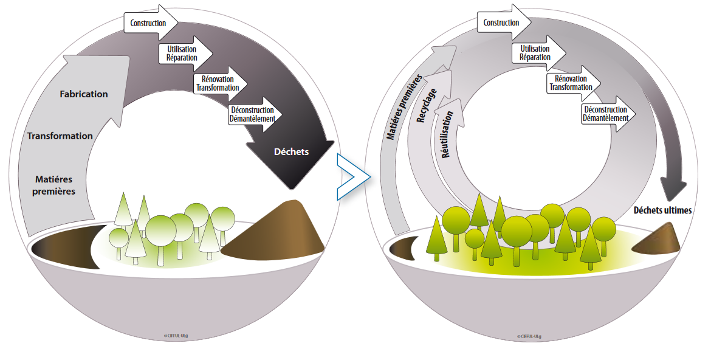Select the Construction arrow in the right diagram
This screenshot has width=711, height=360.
504,24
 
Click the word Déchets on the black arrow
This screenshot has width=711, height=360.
291,151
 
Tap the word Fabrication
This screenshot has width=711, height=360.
84,94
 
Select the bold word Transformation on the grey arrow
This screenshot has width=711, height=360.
60,136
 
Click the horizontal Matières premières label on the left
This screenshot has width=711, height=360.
55,185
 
